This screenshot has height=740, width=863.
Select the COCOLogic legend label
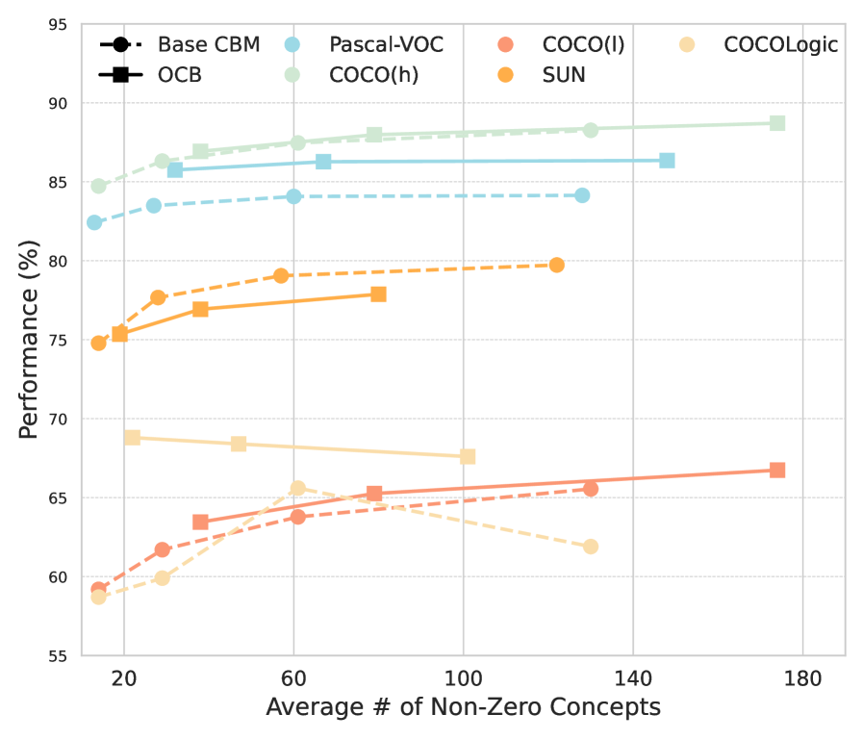780,44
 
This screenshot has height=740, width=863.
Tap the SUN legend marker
506,74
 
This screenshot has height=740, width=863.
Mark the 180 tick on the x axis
802,677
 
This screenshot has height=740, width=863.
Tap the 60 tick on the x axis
293,677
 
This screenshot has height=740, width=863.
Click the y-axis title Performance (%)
28,340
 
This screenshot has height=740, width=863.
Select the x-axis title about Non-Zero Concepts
463,708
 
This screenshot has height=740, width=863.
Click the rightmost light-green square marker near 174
777,123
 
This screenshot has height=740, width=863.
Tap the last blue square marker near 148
667,161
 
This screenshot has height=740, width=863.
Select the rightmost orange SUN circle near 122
556,265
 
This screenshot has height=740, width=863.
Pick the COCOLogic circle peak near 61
297,488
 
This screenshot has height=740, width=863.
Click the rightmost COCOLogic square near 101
468,456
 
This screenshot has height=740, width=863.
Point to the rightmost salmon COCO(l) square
777,470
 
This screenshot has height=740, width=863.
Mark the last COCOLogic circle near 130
591,547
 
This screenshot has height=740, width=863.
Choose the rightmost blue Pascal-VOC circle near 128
582,195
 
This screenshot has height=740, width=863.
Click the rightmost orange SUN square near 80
378,293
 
